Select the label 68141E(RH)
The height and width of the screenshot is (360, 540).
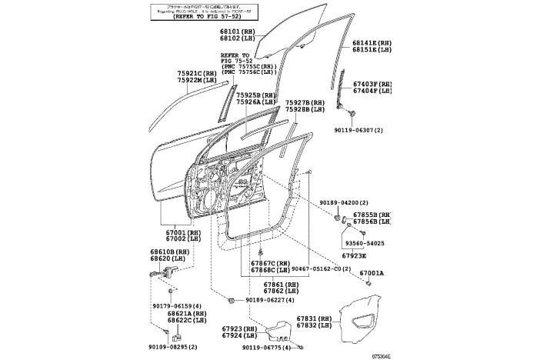click(373, 43)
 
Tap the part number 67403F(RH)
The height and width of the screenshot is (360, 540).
click(373, 84)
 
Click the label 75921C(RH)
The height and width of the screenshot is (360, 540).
click(199, 73)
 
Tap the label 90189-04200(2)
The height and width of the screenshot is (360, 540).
click(347, 202)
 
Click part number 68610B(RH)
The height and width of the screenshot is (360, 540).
click(170, 252)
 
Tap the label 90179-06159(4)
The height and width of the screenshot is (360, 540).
click(176, 306)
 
